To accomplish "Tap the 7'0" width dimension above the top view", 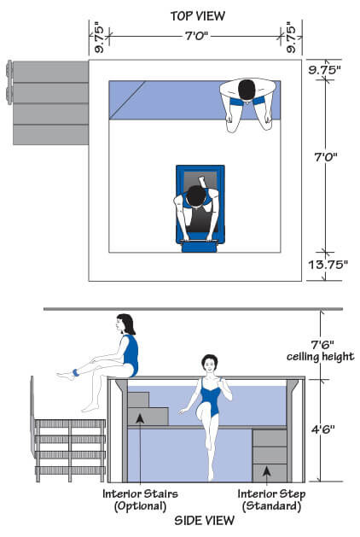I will [195, 36].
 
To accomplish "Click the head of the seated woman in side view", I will [125, 324].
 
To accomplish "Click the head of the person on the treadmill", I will [197, 196].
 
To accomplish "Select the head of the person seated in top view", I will [247, 89].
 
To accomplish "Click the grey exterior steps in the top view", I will [50, 102].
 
